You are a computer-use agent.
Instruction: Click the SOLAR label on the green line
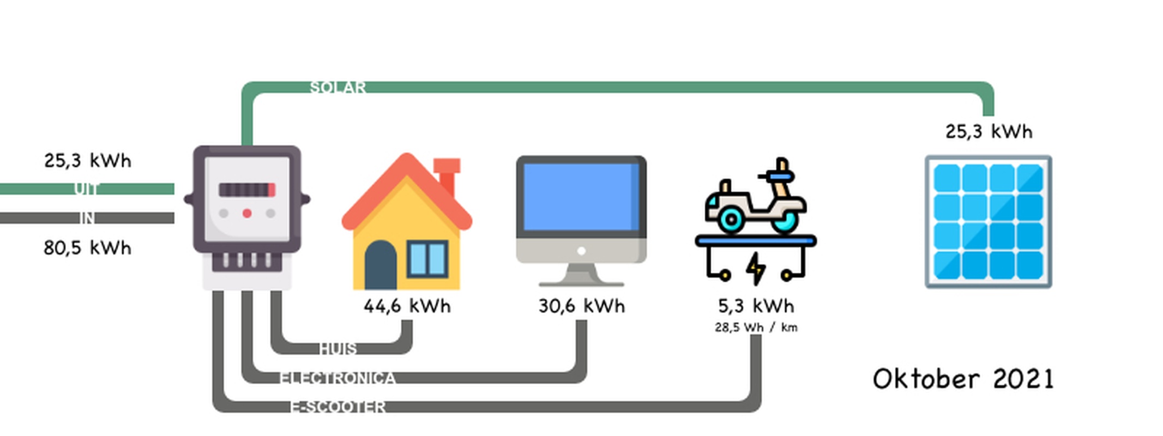point(338,87)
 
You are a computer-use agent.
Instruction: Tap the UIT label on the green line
point(86,189)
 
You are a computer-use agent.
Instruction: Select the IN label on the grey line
point(87,218)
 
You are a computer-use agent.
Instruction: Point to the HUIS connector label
point(338,348)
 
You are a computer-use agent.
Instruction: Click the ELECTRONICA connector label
point(338,378)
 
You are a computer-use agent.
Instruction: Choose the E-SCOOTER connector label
point(338,407)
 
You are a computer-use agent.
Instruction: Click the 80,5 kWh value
point(87,248)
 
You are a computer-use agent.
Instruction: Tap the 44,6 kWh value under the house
point(407,306)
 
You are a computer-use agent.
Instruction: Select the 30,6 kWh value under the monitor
point(581,306)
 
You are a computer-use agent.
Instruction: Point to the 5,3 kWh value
point(756,306)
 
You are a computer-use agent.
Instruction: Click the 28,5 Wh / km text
point(756,328)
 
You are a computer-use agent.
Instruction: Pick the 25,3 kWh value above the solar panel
point(989,132)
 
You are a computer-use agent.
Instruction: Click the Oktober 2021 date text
point(963,379)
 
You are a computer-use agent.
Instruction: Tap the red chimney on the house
point(447,174)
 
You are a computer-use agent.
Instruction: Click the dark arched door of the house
point(381,265)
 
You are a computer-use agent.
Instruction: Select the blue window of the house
point(428,259)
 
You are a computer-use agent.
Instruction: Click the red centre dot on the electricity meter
point(247,214)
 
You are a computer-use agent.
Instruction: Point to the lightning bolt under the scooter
point(756,268)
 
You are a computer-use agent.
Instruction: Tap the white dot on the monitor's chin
point(581,251)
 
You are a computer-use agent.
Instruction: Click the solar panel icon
point(988,222)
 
